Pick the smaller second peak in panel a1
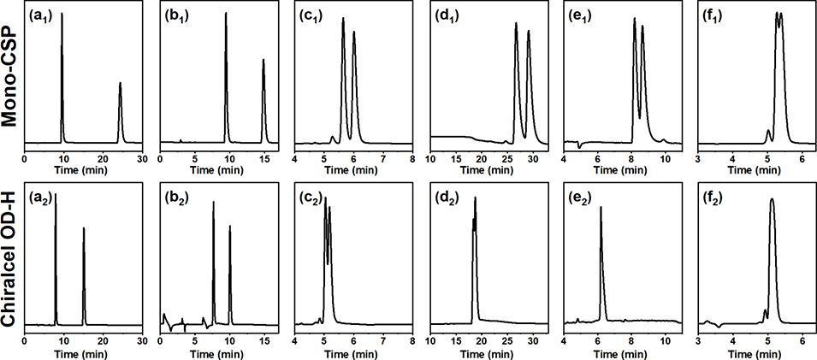120,84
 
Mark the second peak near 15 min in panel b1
263,61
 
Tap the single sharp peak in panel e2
601,208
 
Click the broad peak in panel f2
773,201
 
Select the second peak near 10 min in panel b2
229,227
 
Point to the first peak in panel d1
516,24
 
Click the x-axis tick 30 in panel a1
142,158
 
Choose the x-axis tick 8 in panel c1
411,158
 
